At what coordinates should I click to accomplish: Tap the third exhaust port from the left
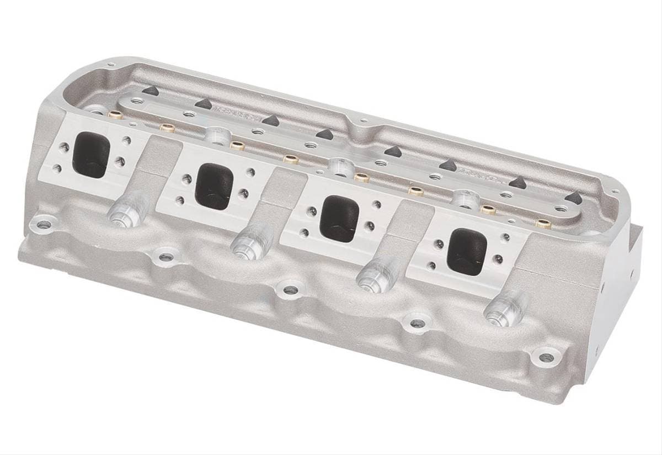point(338,218)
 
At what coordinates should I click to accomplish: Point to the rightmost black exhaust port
point(468,251)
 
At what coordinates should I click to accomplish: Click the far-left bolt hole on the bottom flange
point(43,225)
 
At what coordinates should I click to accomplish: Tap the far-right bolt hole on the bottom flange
point(546,357)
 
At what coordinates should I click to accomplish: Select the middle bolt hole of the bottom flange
point(291,289)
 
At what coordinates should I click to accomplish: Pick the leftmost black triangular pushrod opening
point(149,91)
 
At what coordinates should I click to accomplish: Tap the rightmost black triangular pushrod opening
point(574,197)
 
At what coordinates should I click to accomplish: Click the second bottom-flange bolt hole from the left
point(163,256)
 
